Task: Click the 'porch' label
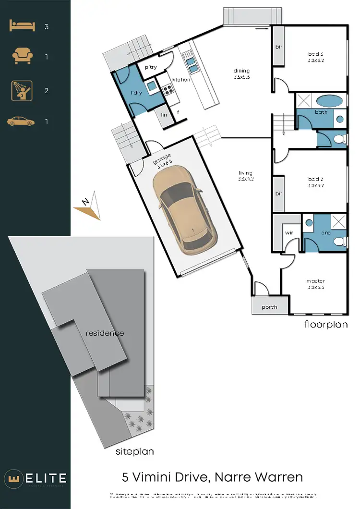pyautogui.click(x=269, y=307)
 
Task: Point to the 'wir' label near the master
pyautogui.click(x=289, y=232)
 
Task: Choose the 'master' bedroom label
pyautogui.click(x=316, y=281)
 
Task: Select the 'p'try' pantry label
pyautogui.click(x=151, y=68)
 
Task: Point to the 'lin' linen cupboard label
pyautogui.click(x=164, y=115)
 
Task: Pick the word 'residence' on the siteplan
pyautogui.click(x=105, y=333)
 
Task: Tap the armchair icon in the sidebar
pyautogui.click(x=22, y=57)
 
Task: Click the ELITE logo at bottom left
pyautogui.click(x=36, y=478)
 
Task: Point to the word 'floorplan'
pyautogui.click(x=326, y=325)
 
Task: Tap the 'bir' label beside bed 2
pyautogui.click(x=278, y=194)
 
